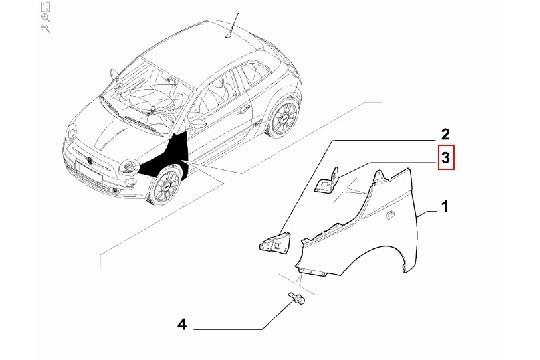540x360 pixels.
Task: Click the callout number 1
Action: pyautogui.click(x=445, y=207)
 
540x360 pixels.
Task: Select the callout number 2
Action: pyautogui.click(x=445, y=134)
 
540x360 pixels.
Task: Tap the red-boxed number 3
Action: pyautogui.click(x=446, y=158)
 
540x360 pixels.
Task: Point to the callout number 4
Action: pyautogui.click(x=182, y=325)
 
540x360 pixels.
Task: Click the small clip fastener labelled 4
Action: pyautogui.click(x=297, y=298)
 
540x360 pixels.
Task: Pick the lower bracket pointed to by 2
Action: pyautogui.click(x=275, y=242)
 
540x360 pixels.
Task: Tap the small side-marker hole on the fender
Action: pyautogui.click(x=391, y=215)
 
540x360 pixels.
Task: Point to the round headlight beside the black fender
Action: pyautogui.click(x=128, y=167)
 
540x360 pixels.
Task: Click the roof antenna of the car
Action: pyautogui.click(x=232, y=25)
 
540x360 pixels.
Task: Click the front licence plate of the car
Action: pyautogui.click(x=90, y=172)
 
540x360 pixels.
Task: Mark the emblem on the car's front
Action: pyautogui.click(x=89, y=161)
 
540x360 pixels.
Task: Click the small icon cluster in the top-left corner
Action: pyautogui.click(x=45, y=17)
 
